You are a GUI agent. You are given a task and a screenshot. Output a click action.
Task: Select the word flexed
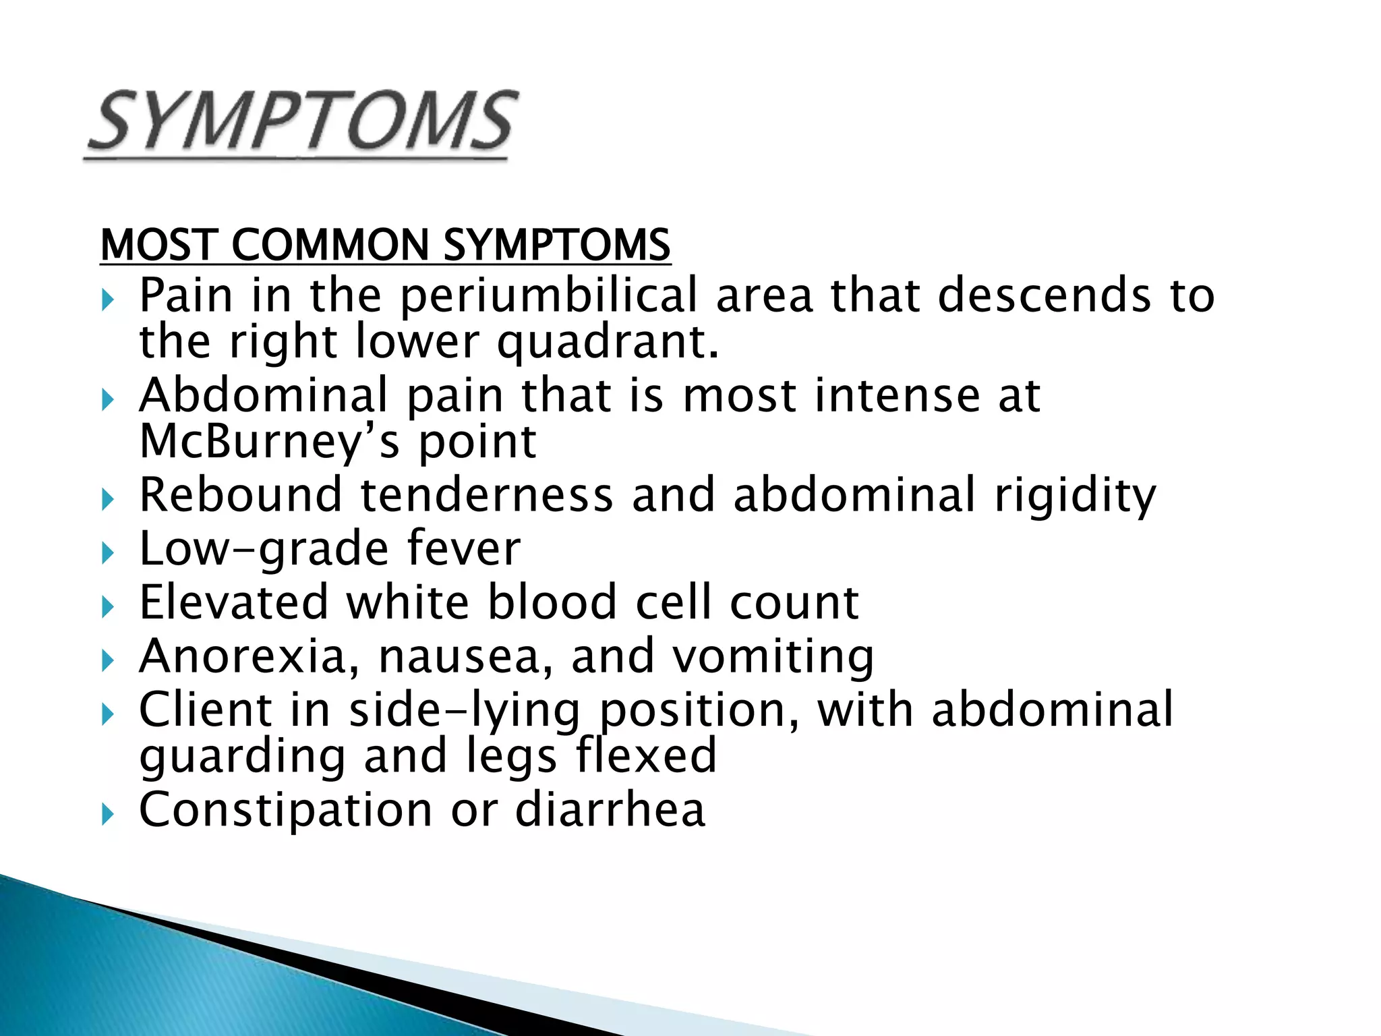point(646,755)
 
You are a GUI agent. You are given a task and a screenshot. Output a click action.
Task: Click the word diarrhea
point(610,809)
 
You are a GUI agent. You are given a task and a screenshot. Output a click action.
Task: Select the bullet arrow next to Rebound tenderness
point(108,500)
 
